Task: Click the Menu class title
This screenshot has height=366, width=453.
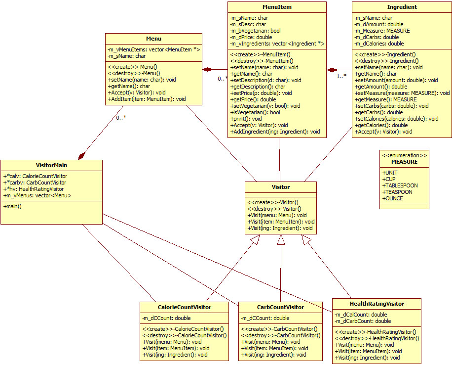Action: pos(153,39)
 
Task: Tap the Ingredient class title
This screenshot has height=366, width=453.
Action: pos(402,7)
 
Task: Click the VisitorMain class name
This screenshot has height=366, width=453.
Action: pos(51,165)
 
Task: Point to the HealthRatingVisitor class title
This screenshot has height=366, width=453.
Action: pos(377,304)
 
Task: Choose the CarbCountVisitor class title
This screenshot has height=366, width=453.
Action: pos(280,307)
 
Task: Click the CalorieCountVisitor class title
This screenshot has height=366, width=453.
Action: pos(184,307)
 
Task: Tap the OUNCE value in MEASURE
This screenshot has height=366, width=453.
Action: pos(393,198)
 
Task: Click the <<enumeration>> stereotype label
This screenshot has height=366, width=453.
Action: pos(404,155)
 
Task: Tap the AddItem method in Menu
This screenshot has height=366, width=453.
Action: pos(147,99)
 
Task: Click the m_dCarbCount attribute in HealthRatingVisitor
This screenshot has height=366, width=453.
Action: pos(361,321)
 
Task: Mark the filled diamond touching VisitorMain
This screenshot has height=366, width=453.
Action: pos(80,155)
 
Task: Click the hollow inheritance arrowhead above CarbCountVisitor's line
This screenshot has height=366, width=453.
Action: pos(281,240)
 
